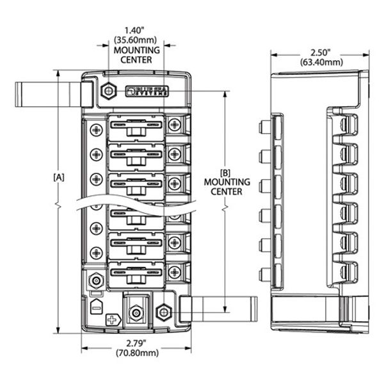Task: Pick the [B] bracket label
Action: click(225, 173)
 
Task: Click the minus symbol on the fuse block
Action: click(95, 305)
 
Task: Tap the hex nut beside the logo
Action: click(108, 92)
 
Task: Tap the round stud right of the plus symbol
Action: click(135, 314)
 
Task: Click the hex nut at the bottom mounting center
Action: click(164, 312)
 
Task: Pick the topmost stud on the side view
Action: click(262, 124)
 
